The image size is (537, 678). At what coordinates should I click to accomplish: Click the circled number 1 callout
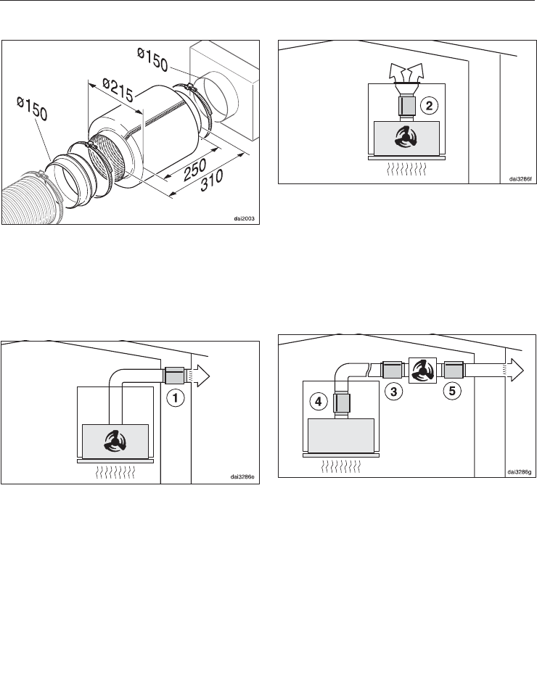tap(175, 398)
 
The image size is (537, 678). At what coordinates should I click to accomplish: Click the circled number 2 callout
tap(429, 105)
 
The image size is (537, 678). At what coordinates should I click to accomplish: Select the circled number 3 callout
tap(393, 392)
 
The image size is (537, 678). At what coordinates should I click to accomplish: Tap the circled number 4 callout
tap(319, 402)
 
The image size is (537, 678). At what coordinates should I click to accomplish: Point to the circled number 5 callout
tap(452, 391)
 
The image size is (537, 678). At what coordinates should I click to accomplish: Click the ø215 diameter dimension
tap(118, 89)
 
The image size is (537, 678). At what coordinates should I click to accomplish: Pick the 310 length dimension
tap(212, 181)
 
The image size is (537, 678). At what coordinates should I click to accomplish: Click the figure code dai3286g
tap(520, 472)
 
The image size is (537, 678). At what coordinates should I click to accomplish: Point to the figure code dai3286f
tap(520, 178)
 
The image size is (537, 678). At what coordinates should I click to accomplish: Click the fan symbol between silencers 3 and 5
tap(421, 371)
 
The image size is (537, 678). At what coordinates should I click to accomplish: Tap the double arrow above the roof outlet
tap(406, 73)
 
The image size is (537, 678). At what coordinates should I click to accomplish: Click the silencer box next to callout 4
tap(340, 402)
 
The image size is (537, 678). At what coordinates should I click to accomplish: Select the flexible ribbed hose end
tap(28, 199)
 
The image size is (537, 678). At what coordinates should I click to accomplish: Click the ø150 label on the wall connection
tap(152, 59)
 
